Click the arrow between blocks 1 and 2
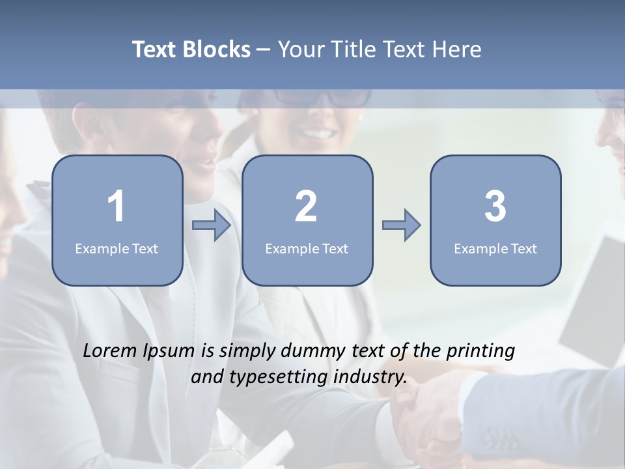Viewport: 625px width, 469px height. point(212,225)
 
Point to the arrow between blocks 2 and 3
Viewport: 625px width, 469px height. point(401,225)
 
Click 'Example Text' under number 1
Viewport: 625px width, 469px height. point(117,248)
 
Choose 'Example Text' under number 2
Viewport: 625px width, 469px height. point(307,248)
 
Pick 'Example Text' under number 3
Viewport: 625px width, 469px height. point(495,248)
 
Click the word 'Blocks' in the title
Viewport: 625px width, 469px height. point(216,50)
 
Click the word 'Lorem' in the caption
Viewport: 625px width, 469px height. point(110,350)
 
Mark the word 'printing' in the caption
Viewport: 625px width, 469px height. point(480,352)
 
